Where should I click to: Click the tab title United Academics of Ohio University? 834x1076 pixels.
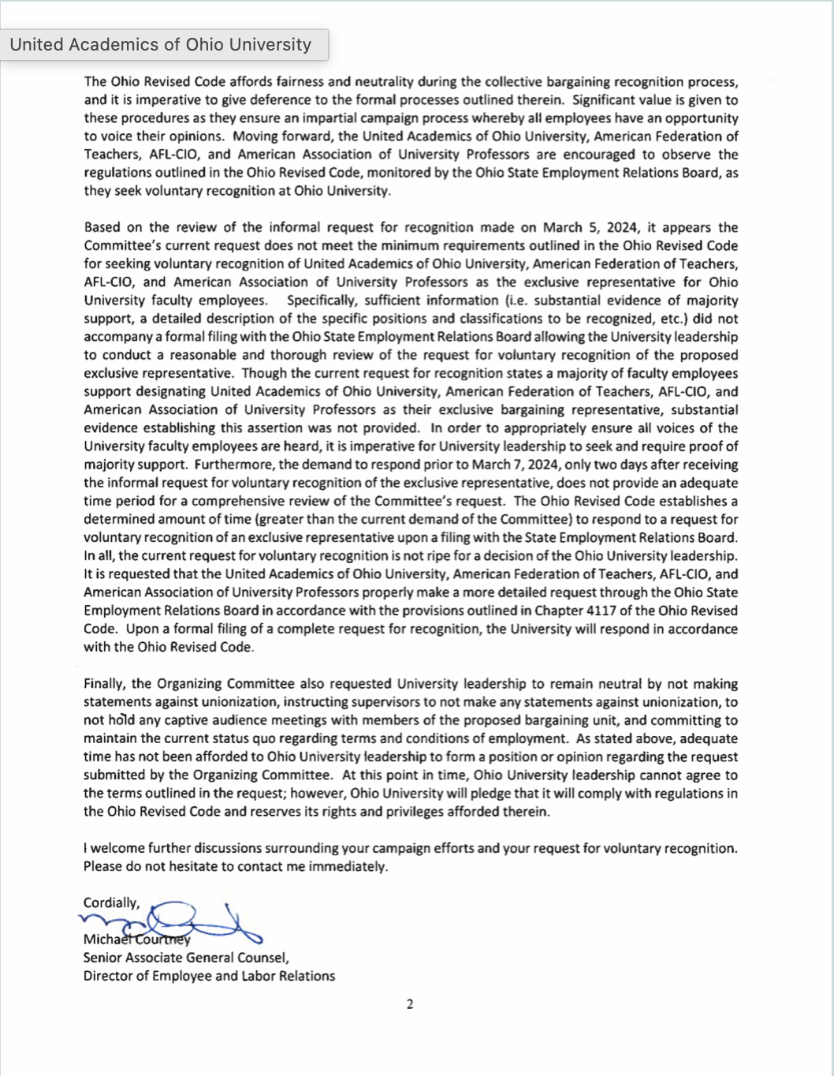161,45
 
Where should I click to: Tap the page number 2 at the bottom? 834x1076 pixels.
410,1004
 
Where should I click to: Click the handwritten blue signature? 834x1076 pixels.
173,921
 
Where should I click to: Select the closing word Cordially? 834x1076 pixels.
111,902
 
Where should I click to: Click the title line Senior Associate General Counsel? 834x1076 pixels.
186,958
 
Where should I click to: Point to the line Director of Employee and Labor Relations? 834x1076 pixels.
209,976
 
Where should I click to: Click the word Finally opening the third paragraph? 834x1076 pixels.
106,684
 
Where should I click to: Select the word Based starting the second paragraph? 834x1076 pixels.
102,227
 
